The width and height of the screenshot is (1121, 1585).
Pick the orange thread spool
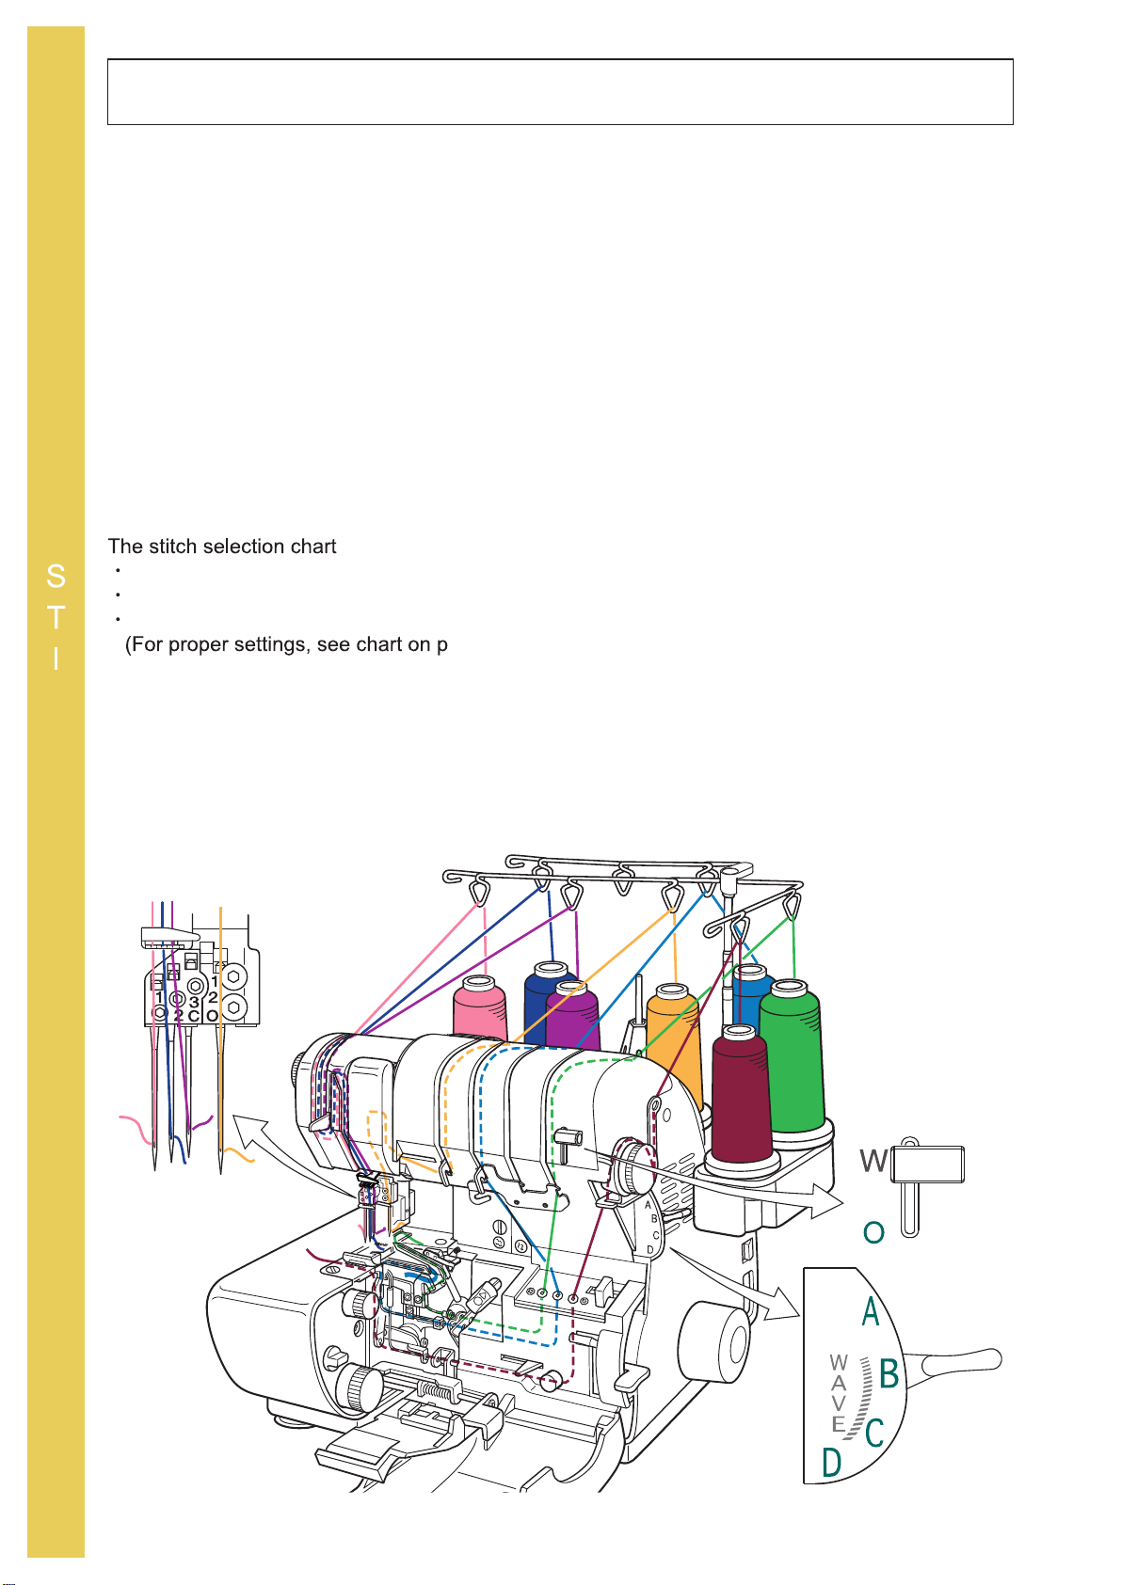tap(675, 1039)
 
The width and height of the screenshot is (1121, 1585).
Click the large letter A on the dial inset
tap(871, 1311)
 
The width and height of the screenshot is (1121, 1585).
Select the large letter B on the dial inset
tap(889, 1374)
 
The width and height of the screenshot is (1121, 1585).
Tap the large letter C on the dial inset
tap(874, 1434)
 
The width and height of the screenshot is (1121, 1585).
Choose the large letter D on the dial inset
tap(831, 1464)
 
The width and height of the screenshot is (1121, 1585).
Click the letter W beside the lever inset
tap(873, 1163)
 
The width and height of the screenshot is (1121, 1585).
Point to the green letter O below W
tap(873, 1232)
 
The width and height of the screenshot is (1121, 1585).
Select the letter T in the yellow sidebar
tap(56, 618)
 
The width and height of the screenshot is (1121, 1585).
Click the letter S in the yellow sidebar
tap(56, 576)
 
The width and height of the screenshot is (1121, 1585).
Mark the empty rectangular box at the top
tap(560, 92)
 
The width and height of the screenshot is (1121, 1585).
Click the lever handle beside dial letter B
tap(960, 1361)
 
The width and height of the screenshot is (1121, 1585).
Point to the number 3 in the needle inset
tap(194, 1003)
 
